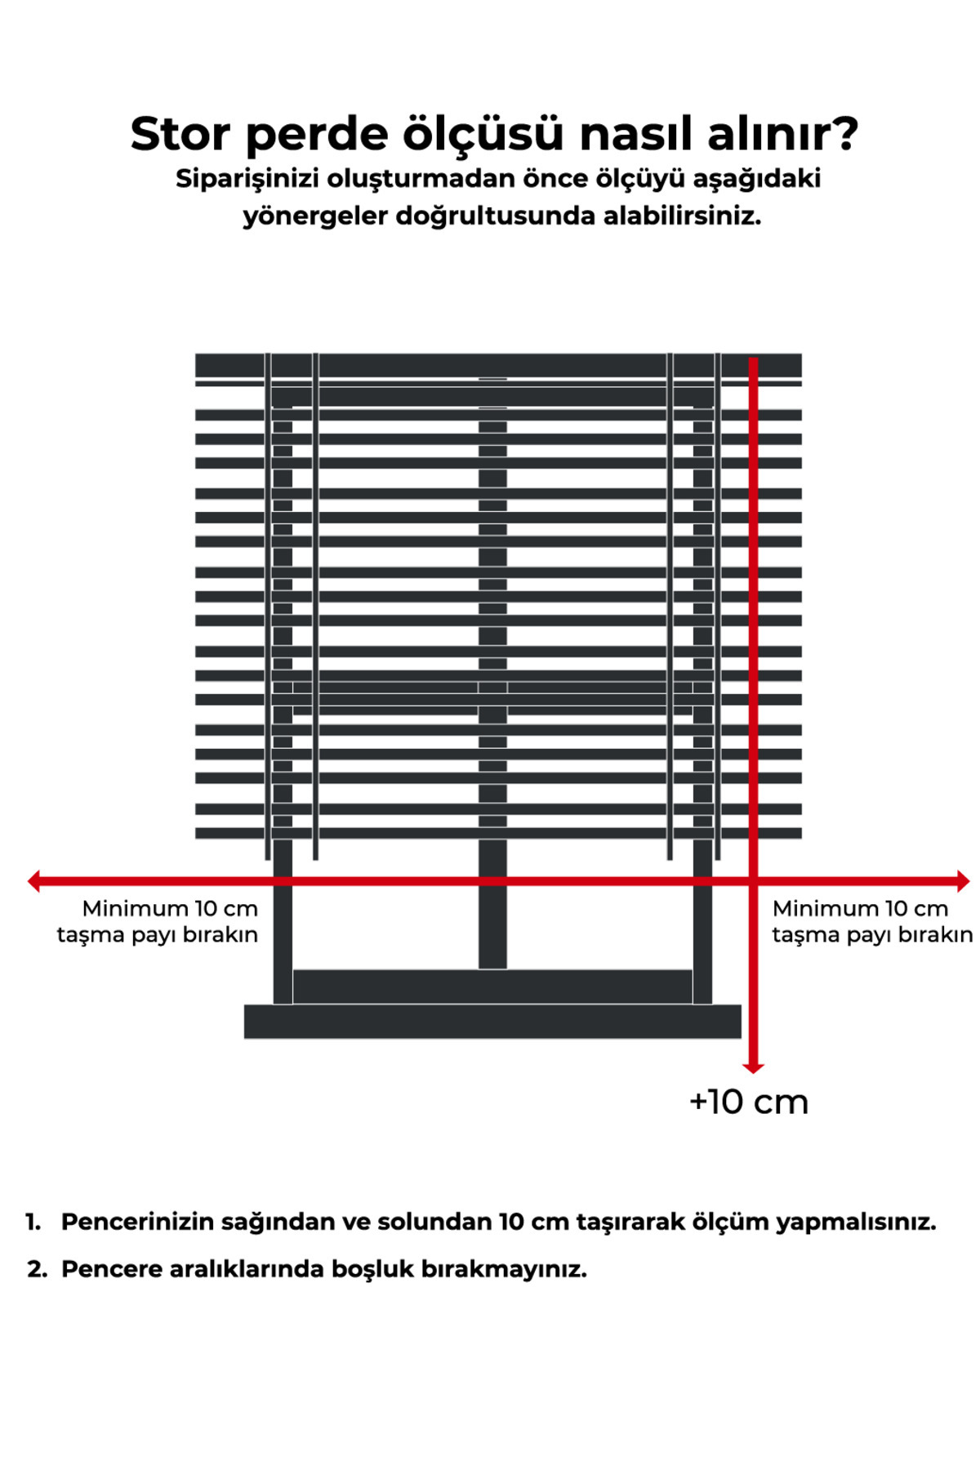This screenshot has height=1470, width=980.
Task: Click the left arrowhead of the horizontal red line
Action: (x=34, y=881)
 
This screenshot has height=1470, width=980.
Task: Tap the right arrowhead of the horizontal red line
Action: (x=963, y=881)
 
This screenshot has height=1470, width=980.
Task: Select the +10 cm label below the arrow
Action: (x=749, y=1102)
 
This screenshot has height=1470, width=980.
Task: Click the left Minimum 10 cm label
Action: (x=170, y=908)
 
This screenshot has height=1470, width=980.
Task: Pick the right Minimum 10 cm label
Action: (x=860, y=908)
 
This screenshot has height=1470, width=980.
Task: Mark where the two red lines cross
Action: (x=753, y=881)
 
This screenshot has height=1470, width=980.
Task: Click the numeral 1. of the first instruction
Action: (x=33, y=1222)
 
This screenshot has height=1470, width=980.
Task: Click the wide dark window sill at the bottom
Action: (x=492, y=1022)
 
